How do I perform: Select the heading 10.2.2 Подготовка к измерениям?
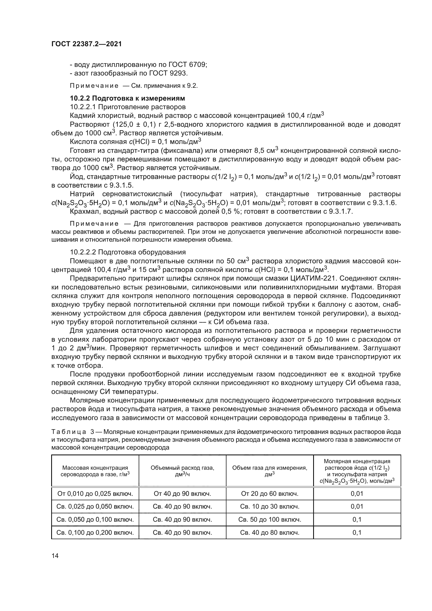point(127,98)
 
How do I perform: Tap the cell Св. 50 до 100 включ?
point(270,520)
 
